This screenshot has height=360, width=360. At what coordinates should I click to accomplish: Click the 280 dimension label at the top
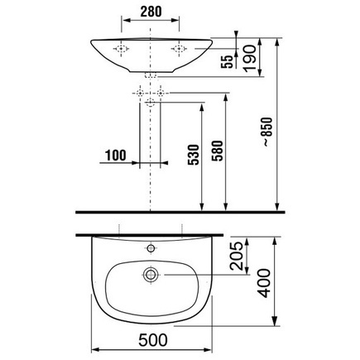[x=151, y=12]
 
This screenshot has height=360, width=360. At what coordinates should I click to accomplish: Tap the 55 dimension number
[x=227, y=61]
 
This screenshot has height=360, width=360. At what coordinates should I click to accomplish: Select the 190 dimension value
[x=250, y=59]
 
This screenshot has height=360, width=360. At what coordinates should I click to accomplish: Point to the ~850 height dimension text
[x=267, y=132]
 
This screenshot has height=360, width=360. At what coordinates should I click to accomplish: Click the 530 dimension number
[x=194, y=155]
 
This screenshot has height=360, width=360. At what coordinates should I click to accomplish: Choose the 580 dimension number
[x=217, y=151]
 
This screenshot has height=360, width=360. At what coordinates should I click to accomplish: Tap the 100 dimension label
[x=116, y=156]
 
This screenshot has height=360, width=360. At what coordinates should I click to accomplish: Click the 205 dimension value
[x=237, y=256]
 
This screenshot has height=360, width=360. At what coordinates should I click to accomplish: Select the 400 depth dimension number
[x=265, y=283]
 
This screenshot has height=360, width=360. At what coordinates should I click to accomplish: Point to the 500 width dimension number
[x=153, y=340]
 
